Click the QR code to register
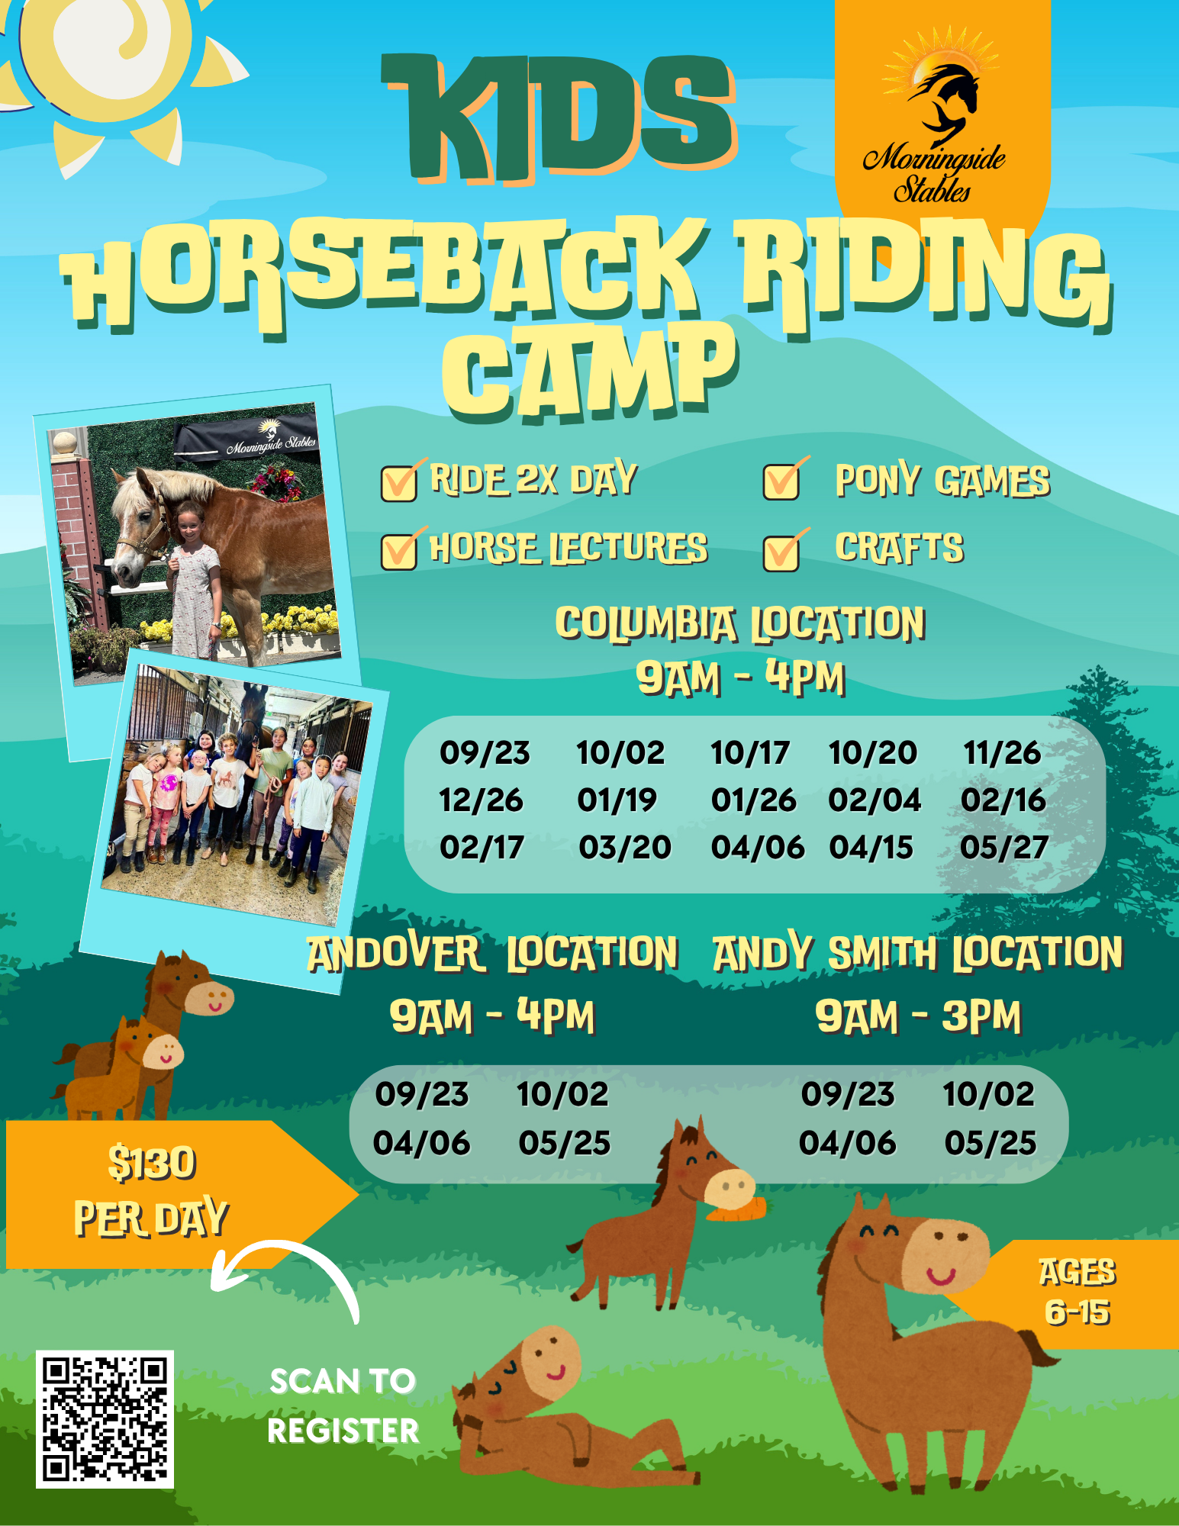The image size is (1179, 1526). (105, 1419)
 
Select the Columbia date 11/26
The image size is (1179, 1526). (1002, 753)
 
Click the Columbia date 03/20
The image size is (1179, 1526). (625, 847)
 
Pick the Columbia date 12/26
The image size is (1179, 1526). (481, 800)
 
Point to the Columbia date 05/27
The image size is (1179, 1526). (1003, 847)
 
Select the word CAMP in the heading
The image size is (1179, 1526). (590, 372)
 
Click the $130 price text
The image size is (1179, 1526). (153, 1164)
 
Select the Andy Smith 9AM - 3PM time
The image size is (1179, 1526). (918, 1017)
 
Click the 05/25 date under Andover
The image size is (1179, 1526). (565, 1143)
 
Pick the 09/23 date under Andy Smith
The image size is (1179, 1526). (848, 1094)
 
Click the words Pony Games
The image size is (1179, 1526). (942, 481)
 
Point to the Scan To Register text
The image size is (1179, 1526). (343, 1406)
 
